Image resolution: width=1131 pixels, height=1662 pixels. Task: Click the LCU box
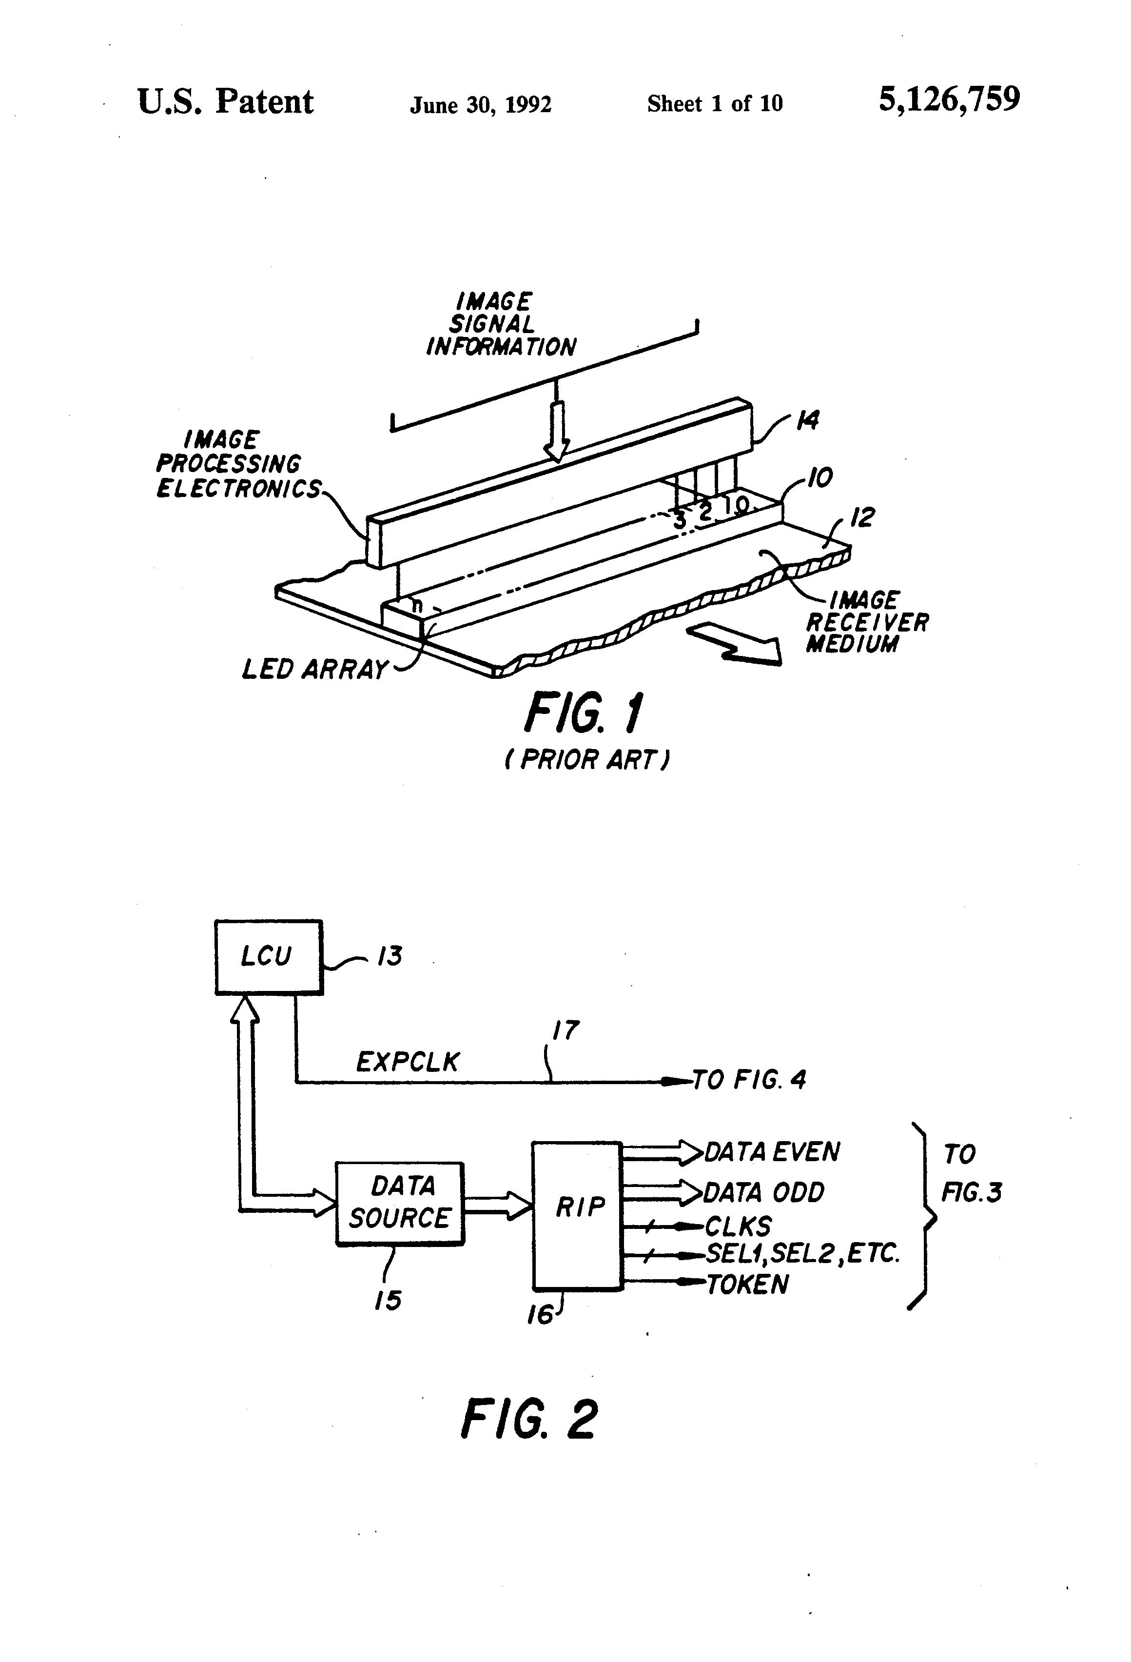pos(269,956)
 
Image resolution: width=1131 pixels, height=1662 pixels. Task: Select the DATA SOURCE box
pos(400,1204)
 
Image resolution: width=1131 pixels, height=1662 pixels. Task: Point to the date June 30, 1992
pos(480,105)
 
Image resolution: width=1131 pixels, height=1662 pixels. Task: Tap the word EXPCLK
pos(408,1062)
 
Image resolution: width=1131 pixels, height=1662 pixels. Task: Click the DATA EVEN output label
pos(772,1152)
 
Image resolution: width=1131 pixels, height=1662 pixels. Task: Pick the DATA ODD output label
pos(763,1192)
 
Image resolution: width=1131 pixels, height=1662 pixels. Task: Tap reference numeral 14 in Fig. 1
pos(807,420)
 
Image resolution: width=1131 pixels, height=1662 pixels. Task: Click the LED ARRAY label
pos(314,670)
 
